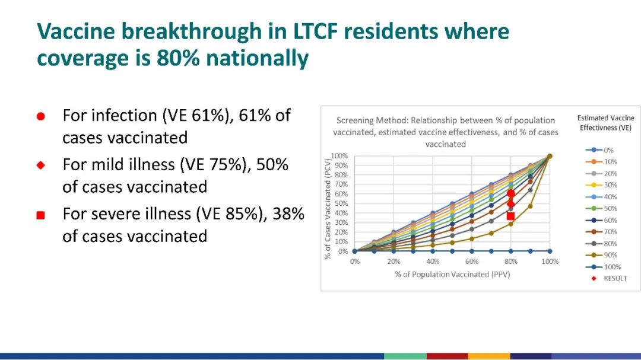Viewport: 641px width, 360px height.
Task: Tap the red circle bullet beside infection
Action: click(x=40, y=116)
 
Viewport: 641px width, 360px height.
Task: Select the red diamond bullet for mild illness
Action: click(x=40, y=165)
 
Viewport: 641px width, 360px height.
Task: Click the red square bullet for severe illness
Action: click(x=40, y=215)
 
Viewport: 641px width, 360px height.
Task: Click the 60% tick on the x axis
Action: click(x=471, y=262)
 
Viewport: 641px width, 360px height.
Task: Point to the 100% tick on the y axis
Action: click(x=339, y=155)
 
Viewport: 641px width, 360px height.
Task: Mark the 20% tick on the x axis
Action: click(x=394, y=262)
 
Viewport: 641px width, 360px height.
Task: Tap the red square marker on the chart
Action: click(x=510, y=216)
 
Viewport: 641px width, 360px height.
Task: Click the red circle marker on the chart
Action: click(x=510, y=193)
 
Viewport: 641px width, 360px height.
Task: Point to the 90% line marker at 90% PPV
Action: click(x=530, y=206)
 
